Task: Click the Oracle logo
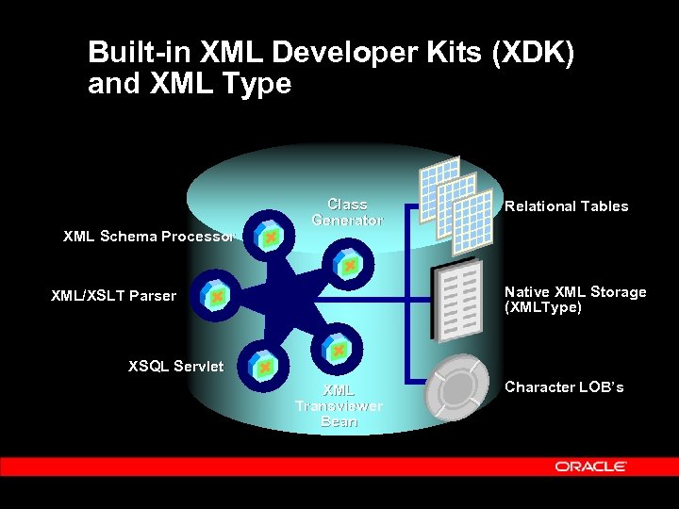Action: [x=591, y=466]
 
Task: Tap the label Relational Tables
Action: [x=566, y=206]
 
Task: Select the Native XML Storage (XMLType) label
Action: [x=575, y=300]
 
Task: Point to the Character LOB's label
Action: [x=564, y=387]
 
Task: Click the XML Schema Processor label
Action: [x=147, y=237]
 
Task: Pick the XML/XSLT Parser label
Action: [x=113, y=296]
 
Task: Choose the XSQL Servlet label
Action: [x=175, y=366]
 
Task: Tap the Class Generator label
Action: [x=347, y=212]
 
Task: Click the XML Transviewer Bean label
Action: [x=339, y=405]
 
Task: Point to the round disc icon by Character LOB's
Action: [x=458, y=388]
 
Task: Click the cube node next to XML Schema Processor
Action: [x=270, y=238]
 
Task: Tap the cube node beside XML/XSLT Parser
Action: [x=217, y=296]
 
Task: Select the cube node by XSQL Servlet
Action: [x=265, y=365]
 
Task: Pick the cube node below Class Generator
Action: [x=349, y=267]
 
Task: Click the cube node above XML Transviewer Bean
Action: [x=338, y=350]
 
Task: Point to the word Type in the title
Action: [x=258, y=84]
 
